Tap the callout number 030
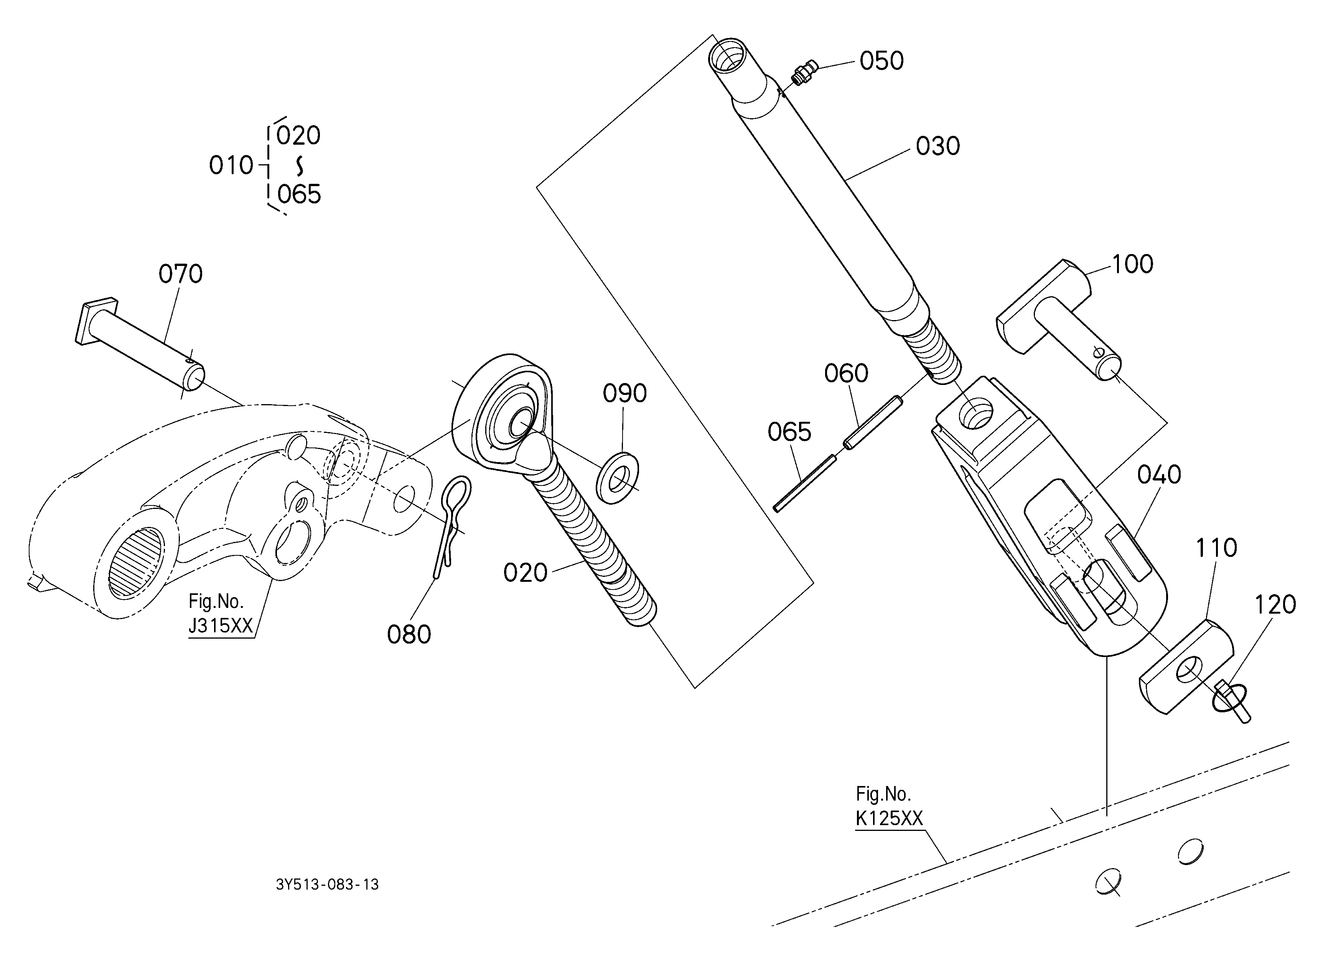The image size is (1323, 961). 937,146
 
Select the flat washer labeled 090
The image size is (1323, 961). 617,477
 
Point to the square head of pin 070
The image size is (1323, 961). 97,320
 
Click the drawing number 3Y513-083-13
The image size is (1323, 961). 327,885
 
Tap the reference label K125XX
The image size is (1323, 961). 889,819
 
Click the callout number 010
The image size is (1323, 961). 231,166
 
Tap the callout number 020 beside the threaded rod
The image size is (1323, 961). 525,573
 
